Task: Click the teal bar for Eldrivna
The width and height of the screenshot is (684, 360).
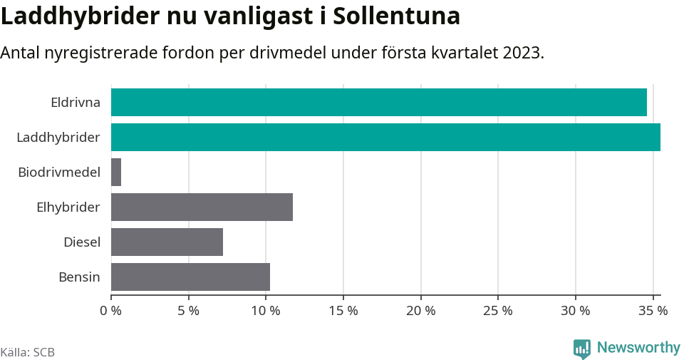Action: pos(378,102)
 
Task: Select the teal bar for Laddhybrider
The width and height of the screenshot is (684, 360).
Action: pos(385,137)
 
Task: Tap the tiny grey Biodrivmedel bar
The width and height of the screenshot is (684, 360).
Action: pos(116,172)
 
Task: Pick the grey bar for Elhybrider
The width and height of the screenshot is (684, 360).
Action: pos(202,207)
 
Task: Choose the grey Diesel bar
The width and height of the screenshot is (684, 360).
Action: pos(167,242)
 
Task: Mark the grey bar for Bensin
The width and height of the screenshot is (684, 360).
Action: pos(190,277)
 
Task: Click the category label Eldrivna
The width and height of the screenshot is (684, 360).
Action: pos(76,102)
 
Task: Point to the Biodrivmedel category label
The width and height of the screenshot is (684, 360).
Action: pos(59,172)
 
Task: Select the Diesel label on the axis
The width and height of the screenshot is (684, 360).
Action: pos(82,242)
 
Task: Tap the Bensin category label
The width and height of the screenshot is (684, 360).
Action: pos(79,277)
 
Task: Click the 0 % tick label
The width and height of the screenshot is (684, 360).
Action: pos(110,311)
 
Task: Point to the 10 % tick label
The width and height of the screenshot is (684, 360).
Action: pos(266,311)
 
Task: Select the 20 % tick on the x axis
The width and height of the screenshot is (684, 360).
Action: pos(420,311)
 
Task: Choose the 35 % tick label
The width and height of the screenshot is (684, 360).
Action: pos(653,311)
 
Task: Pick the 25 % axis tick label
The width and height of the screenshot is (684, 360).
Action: pos(498,311)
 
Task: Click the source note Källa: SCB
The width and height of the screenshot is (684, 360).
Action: pos(28,352)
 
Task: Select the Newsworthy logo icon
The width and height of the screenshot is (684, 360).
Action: pos(581,349)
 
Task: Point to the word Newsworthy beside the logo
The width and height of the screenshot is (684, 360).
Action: pos(638,348)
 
